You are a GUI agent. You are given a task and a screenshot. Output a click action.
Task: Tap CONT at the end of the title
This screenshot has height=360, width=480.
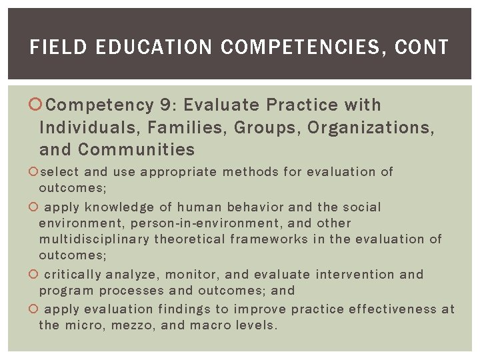tap(422, 47)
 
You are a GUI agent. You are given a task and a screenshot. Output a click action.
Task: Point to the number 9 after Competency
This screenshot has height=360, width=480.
tap(166, 105)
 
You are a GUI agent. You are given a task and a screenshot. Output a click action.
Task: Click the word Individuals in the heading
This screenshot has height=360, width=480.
tap(86, 127)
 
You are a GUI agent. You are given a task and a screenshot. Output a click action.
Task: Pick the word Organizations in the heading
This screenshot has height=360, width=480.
tap(371, 127)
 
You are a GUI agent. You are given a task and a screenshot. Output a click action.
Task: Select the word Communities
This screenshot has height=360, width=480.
tap(136, 149)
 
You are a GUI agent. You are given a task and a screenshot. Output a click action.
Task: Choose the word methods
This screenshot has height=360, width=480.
tap(251, 172)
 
